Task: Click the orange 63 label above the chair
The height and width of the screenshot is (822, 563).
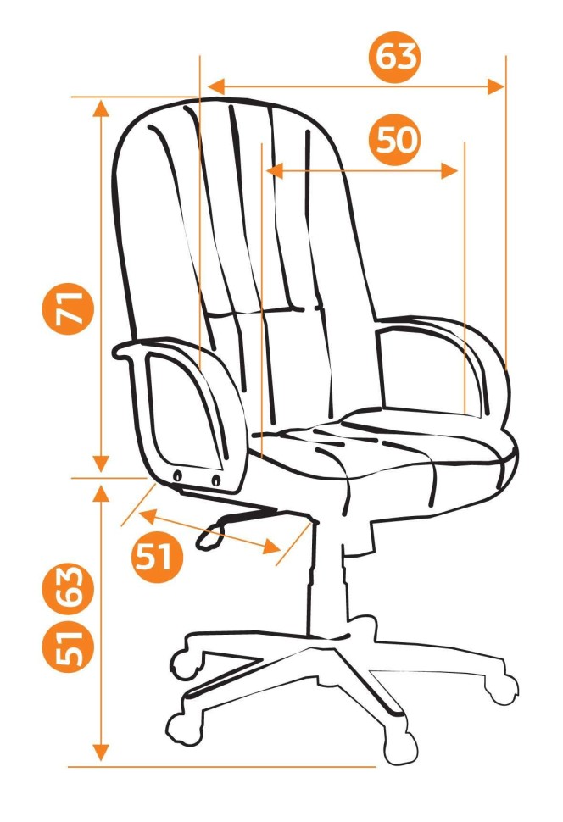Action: [x=395, y=56]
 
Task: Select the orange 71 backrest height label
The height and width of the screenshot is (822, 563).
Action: [x=68, y=308]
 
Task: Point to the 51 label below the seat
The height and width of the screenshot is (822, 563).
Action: [x=157, y=556]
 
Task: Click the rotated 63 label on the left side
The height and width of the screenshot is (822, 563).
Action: [x=68, y=589]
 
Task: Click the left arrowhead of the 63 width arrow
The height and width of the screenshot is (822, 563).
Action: [x=216, y=87]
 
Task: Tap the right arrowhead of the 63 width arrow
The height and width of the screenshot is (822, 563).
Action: [x=496, y=87]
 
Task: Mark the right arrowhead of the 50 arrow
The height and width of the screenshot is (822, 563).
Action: [x=449, y=171]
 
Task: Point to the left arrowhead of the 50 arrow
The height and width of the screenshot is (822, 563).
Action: [x=275, y=171]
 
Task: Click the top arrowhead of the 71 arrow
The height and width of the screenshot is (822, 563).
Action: [x=101, y=108]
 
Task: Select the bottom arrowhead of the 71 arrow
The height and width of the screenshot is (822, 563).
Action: [x=101, y=463]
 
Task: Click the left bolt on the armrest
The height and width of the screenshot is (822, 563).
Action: [x=178, y=475]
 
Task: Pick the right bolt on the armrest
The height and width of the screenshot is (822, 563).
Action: [x=216, y=479]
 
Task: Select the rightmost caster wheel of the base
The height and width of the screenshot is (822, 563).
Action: [x=501, y=688]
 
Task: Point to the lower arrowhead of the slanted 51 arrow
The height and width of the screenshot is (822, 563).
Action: [x=270, y=547]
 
